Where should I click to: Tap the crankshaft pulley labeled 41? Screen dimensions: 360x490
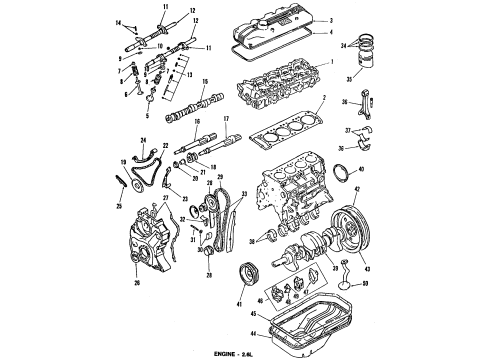tap(243, 276)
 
